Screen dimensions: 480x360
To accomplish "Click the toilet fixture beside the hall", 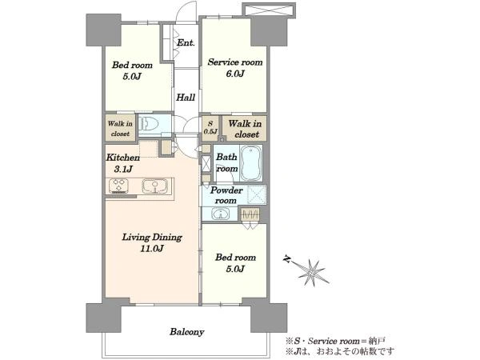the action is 149,124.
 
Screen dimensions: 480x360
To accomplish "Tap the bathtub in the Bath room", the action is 251,163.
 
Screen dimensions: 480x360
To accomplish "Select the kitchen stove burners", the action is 118,186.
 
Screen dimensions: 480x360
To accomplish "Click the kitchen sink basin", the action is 155,186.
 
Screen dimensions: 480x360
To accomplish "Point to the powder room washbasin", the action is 220,214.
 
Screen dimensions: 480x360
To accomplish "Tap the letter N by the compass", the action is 287,259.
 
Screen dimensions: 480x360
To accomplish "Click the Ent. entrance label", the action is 186,42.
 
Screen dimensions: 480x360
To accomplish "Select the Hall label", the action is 186,98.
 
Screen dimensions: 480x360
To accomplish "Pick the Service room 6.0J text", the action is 235,68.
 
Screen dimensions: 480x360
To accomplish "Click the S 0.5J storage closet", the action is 210,128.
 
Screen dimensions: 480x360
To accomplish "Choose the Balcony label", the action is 186,332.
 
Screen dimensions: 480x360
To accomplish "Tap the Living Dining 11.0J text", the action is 152,242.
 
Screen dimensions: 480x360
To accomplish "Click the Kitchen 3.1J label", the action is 123,163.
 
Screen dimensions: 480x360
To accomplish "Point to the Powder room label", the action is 226,195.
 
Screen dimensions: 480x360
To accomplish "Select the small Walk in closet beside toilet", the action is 120,128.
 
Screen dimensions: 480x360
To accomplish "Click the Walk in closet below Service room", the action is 245,129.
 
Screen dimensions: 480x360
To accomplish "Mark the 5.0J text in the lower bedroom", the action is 235,269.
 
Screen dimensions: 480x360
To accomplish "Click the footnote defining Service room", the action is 335,341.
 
